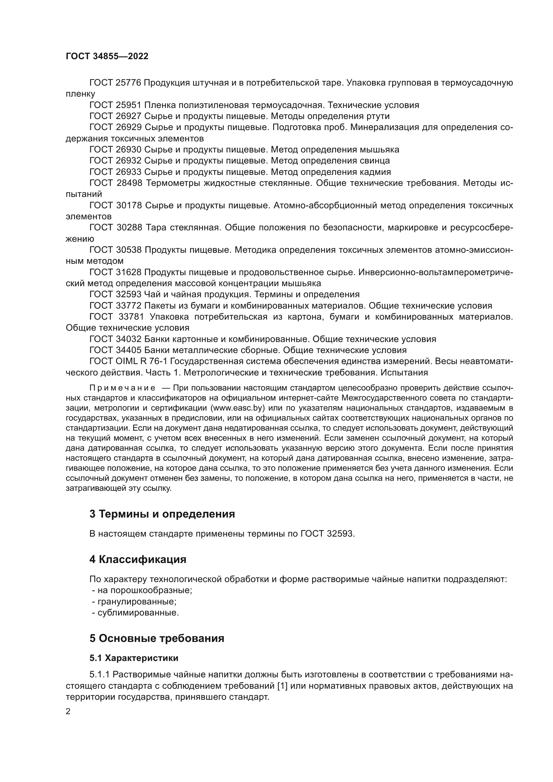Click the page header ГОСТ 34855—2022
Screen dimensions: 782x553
pos(107,57)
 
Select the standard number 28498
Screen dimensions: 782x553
pos(129,183)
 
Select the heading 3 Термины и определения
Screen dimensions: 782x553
pos(162,514)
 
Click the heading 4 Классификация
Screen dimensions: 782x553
pos(138,560)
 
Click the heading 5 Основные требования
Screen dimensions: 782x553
pos(156,638)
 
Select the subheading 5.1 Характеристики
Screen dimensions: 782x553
pos(134,658)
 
